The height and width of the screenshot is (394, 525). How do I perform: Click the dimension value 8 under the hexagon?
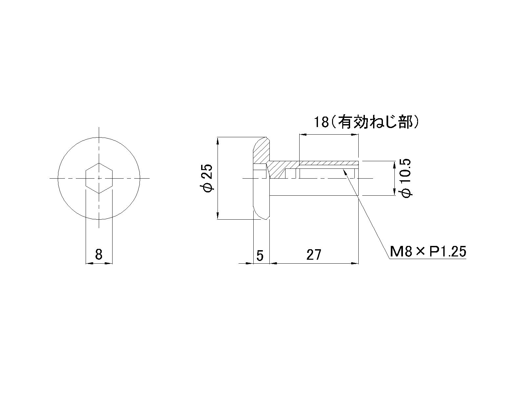coord(98,254)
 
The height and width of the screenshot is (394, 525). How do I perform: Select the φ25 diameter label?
coord(207,178)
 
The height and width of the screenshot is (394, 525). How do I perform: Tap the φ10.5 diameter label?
coord(406,178)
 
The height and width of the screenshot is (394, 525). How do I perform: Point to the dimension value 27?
coord(313,254)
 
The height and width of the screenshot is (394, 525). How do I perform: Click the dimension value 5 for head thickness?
coord(260,255)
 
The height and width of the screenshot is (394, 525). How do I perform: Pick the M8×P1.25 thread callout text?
coord(428,252)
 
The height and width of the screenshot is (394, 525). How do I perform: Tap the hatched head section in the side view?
coord(262,151)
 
